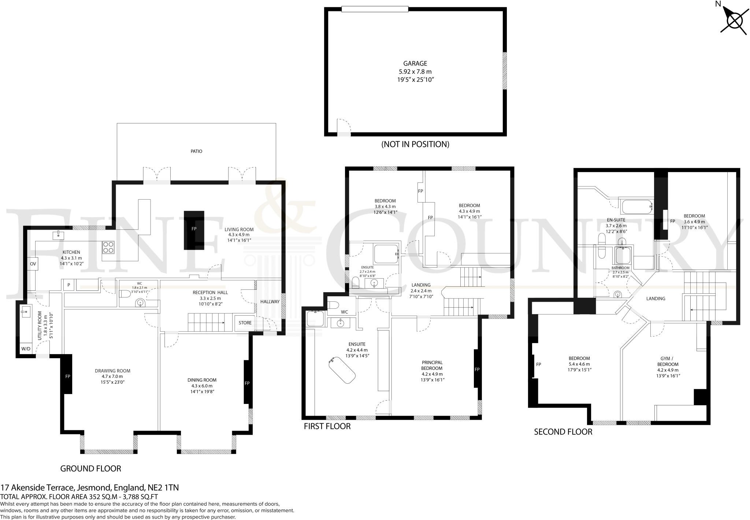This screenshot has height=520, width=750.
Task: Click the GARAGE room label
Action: [415, 64]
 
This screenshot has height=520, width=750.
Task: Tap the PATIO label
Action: [196, 151]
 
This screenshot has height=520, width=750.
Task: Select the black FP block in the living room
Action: [194, 230]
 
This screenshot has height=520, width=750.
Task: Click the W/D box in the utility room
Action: [26, 349]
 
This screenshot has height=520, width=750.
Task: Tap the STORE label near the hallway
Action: [245, 323]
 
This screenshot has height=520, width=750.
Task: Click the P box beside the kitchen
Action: [68, 285]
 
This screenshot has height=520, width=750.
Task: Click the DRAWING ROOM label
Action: [112, 371]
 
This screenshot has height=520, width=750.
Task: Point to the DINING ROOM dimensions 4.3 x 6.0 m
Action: [200, 386]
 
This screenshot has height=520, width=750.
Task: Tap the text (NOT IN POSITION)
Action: [415, 144]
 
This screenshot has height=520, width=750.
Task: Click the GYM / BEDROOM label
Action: [668, 361]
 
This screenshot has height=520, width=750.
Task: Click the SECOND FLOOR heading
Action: [563, 432]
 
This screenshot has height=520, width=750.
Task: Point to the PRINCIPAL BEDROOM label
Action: [432, 365]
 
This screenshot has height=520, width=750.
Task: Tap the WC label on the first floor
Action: [344, 312]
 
